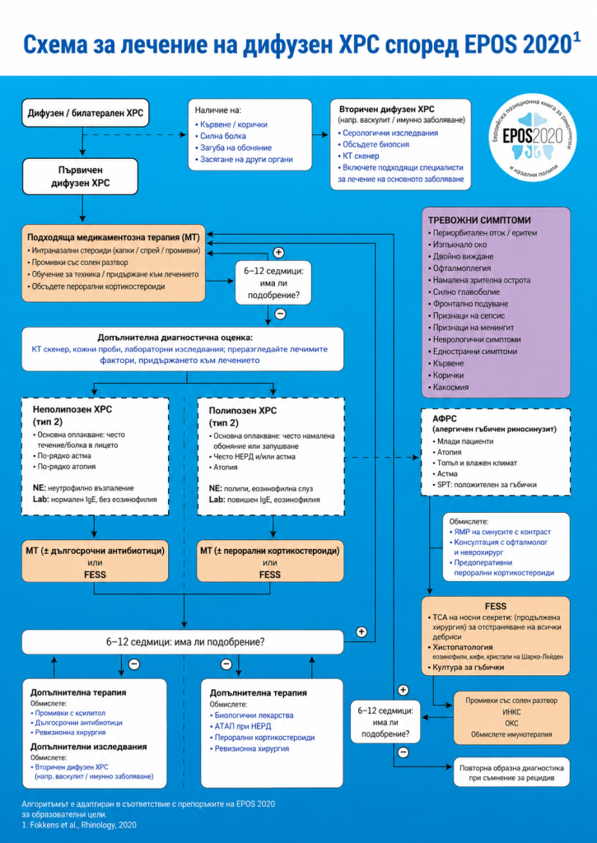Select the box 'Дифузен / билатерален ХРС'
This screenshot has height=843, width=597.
coord(85,114)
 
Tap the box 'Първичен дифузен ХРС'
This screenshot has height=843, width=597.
coord(80,176)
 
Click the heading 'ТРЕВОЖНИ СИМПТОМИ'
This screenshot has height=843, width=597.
coord(479,221)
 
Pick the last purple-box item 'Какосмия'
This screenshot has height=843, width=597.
coord(450,387)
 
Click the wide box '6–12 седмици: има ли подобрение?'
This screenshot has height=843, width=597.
coord(183,642)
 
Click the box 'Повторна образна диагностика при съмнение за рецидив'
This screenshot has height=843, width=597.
coord(511,772)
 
